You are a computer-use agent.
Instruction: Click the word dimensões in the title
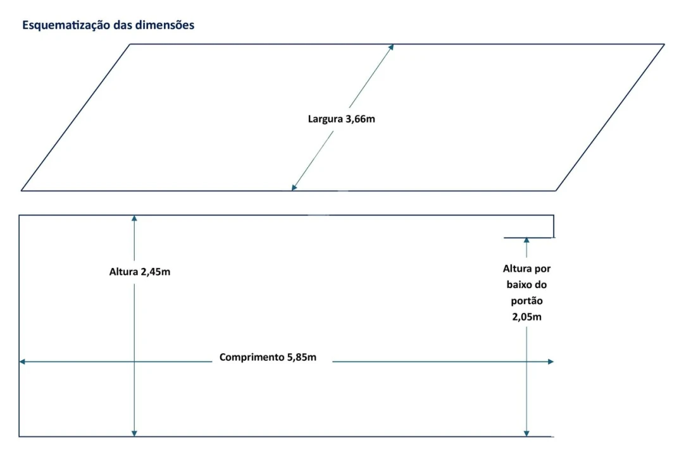tap(165, 26)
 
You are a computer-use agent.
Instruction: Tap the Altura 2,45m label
tap(139, 272)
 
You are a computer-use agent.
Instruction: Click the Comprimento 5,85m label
tap(268, 357)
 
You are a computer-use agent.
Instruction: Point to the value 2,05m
tap(526, 317)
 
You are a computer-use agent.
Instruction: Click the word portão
tap(526, 301)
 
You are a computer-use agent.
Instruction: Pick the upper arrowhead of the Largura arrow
tap(392, 47)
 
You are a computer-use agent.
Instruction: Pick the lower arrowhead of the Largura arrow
tap(294, 187)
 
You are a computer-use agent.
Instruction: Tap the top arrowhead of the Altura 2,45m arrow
tap(134, 218)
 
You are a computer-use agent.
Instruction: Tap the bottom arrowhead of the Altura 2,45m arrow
tap(134, 433)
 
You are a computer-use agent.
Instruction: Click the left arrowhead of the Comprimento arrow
tap(22, 361)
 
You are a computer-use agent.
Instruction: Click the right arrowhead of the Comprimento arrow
tap(551, 361)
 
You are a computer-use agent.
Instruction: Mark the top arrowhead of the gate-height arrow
tap(526, 240)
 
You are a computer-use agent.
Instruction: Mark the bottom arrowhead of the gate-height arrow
tap(526, 433)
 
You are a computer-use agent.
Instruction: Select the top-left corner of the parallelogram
tap(130, 44)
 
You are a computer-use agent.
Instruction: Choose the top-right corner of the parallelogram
tap(664, 44)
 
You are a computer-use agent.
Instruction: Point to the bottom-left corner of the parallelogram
tap(22, 190)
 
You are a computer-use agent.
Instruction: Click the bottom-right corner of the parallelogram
tap(556, 190)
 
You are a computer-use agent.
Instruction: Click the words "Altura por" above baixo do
tap(526, 269)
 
